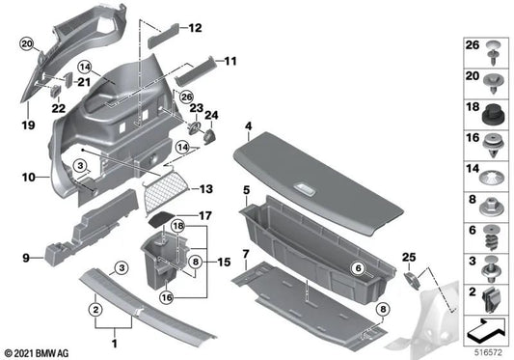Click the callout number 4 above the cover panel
[x=249, y=126]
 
